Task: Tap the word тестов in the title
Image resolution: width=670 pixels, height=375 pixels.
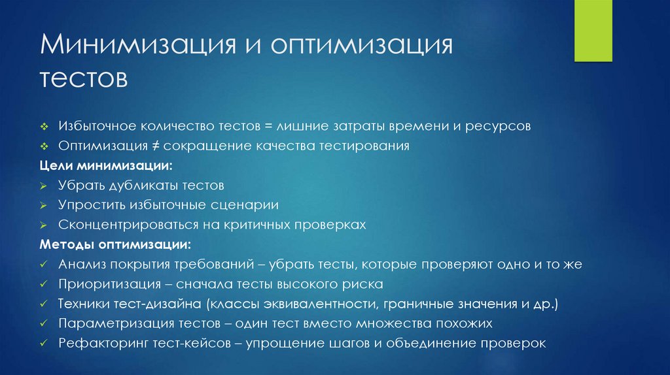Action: pos(82,80)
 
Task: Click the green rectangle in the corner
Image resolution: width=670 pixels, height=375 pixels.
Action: pos(593,31)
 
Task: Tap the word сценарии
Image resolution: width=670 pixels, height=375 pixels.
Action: pos(247,205)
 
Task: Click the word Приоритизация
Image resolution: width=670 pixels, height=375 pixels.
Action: pos(109,284)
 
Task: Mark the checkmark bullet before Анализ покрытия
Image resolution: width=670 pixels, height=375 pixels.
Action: pos(43,265)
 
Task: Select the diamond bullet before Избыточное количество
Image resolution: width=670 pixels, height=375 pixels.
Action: pos(43,126)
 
